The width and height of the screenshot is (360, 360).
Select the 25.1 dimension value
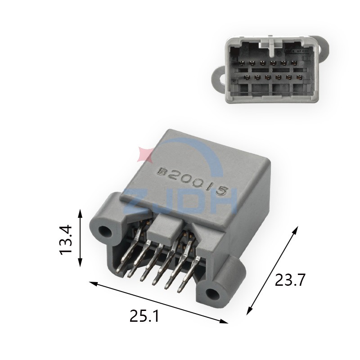[x=144, y=316]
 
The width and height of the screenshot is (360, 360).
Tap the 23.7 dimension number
[x=290, y=280]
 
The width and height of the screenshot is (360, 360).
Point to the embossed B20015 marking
[x=193, y=181]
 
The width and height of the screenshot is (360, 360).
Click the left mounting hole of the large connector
[x=105, y=231]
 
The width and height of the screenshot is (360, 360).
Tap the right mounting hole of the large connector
[x=212, y=294]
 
